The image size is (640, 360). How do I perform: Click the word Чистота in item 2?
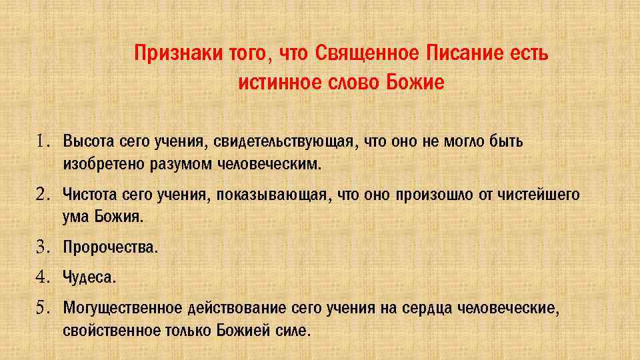coord(89,195)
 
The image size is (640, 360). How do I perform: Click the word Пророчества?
coord(110,248)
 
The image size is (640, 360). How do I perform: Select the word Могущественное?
coord(122,308)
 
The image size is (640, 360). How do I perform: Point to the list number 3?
coord(44,248)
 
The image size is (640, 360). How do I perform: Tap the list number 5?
coord(44,308)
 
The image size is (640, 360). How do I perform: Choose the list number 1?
coord(44,142)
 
